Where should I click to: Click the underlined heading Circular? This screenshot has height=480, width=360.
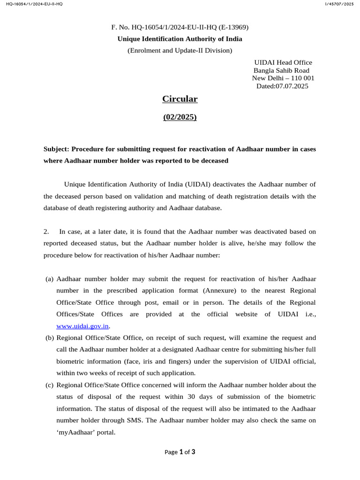coord(180,99)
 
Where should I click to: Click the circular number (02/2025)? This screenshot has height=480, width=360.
coord(180,117)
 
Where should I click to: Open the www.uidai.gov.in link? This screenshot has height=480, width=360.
coord(82,326)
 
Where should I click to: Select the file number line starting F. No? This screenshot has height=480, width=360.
coord(180,28)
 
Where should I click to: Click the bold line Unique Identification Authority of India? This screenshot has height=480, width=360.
coord(180,39)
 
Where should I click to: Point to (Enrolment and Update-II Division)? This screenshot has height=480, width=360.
coord(180,50)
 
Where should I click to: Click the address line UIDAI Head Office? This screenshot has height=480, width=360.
coord(283,62)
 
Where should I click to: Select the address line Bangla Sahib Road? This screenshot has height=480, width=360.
coord(281,70)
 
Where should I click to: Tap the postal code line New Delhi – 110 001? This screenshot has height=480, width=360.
coord(283,78)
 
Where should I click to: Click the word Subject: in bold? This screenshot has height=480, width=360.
coord(57,149)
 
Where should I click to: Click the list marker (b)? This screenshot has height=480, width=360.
coord(50,337)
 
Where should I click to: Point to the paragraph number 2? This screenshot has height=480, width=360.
coord(46,232)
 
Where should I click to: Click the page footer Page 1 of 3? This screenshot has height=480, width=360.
coord(180,452)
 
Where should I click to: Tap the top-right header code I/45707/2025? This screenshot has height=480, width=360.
coord(338,4)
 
